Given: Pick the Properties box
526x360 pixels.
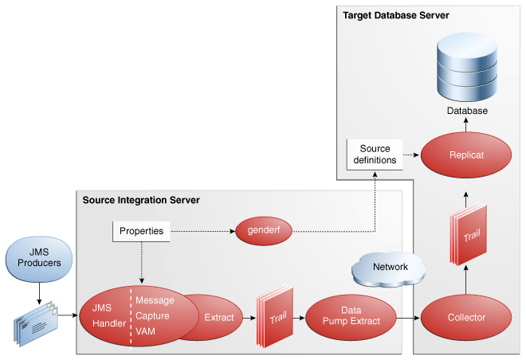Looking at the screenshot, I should pyautogui.click(x=141, y=232).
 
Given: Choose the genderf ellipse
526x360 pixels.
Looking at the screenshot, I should pyautogui.click(x=264, y=231).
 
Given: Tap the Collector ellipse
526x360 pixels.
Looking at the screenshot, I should pyautogui.click(x=465, y=318).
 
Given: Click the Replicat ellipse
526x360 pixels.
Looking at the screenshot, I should pyautogui.click(x=465, y=155).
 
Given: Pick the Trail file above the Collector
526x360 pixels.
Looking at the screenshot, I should pyautogui.click(x=468, y=236).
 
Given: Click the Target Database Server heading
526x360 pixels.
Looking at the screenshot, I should pyautogui.click(x=396, y=15).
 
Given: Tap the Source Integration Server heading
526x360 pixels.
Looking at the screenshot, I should pyautogui.click(x=140, y=199).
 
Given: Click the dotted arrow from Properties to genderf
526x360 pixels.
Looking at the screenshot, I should pyautogui.click(x=203, y=232).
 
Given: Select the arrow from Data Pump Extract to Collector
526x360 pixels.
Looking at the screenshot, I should pyautogui.click(x=408, y=319).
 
